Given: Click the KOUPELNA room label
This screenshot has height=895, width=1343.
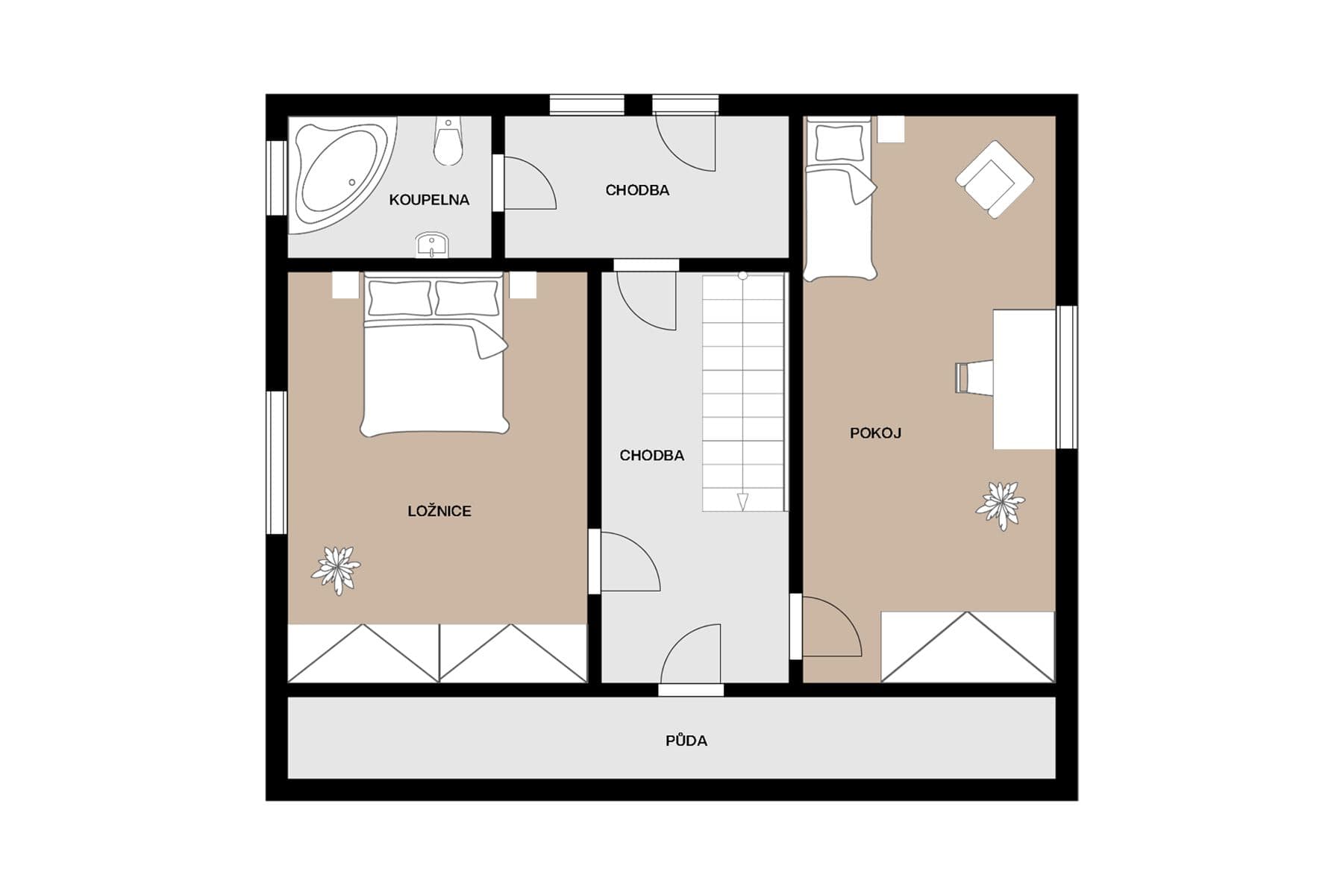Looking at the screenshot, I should point(429,200).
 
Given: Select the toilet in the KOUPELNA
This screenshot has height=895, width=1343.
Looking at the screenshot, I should point(448,143).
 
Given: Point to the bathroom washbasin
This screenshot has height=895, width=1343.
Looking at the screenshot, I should point(432,245).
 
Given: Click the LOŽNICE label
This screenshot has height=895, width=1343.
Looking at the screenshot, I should point(439,511).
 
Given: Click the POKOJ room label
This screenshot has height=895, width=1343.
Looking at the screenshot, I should point(875,433).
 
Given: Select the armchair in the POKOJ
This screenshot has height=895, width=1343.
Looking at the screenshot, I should point(995,179).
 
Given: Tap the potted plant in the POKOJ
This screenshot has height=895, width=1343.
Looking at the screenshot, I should point(1001,505).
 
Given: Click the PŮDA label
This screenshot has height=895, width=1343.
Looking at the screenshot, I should point(686,741).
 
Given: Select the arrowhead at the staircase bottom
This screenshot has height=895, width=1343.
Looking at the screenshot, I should point(742,501).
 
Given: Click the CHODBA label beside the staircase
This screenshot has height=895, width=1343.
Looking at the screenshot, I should point(651,455).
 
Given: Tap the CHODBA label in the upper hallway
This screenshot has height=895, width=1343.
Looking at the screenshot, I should point(637,190).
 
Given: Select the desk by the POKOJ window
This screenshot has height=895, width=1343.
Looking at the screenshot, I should point(1024,379).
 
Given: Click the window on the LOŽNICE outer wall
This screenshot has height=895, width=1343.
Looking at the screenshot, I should point(277,462).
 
